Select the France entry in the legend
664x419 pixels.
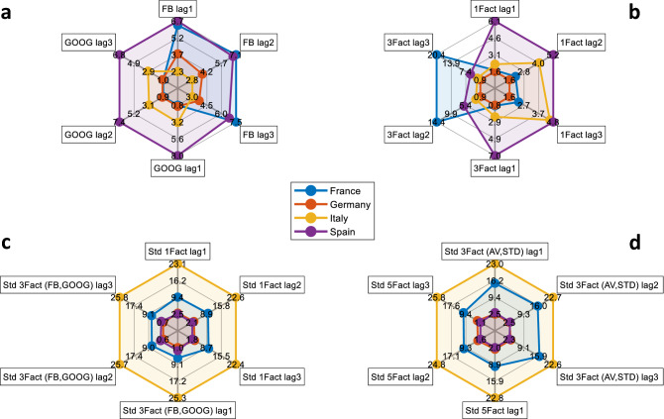tap(338, 189)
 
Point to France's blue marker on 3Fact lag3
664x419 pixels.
tap(438, 55)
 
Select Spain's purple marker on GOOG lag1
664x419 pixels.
tap(176, 156)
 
